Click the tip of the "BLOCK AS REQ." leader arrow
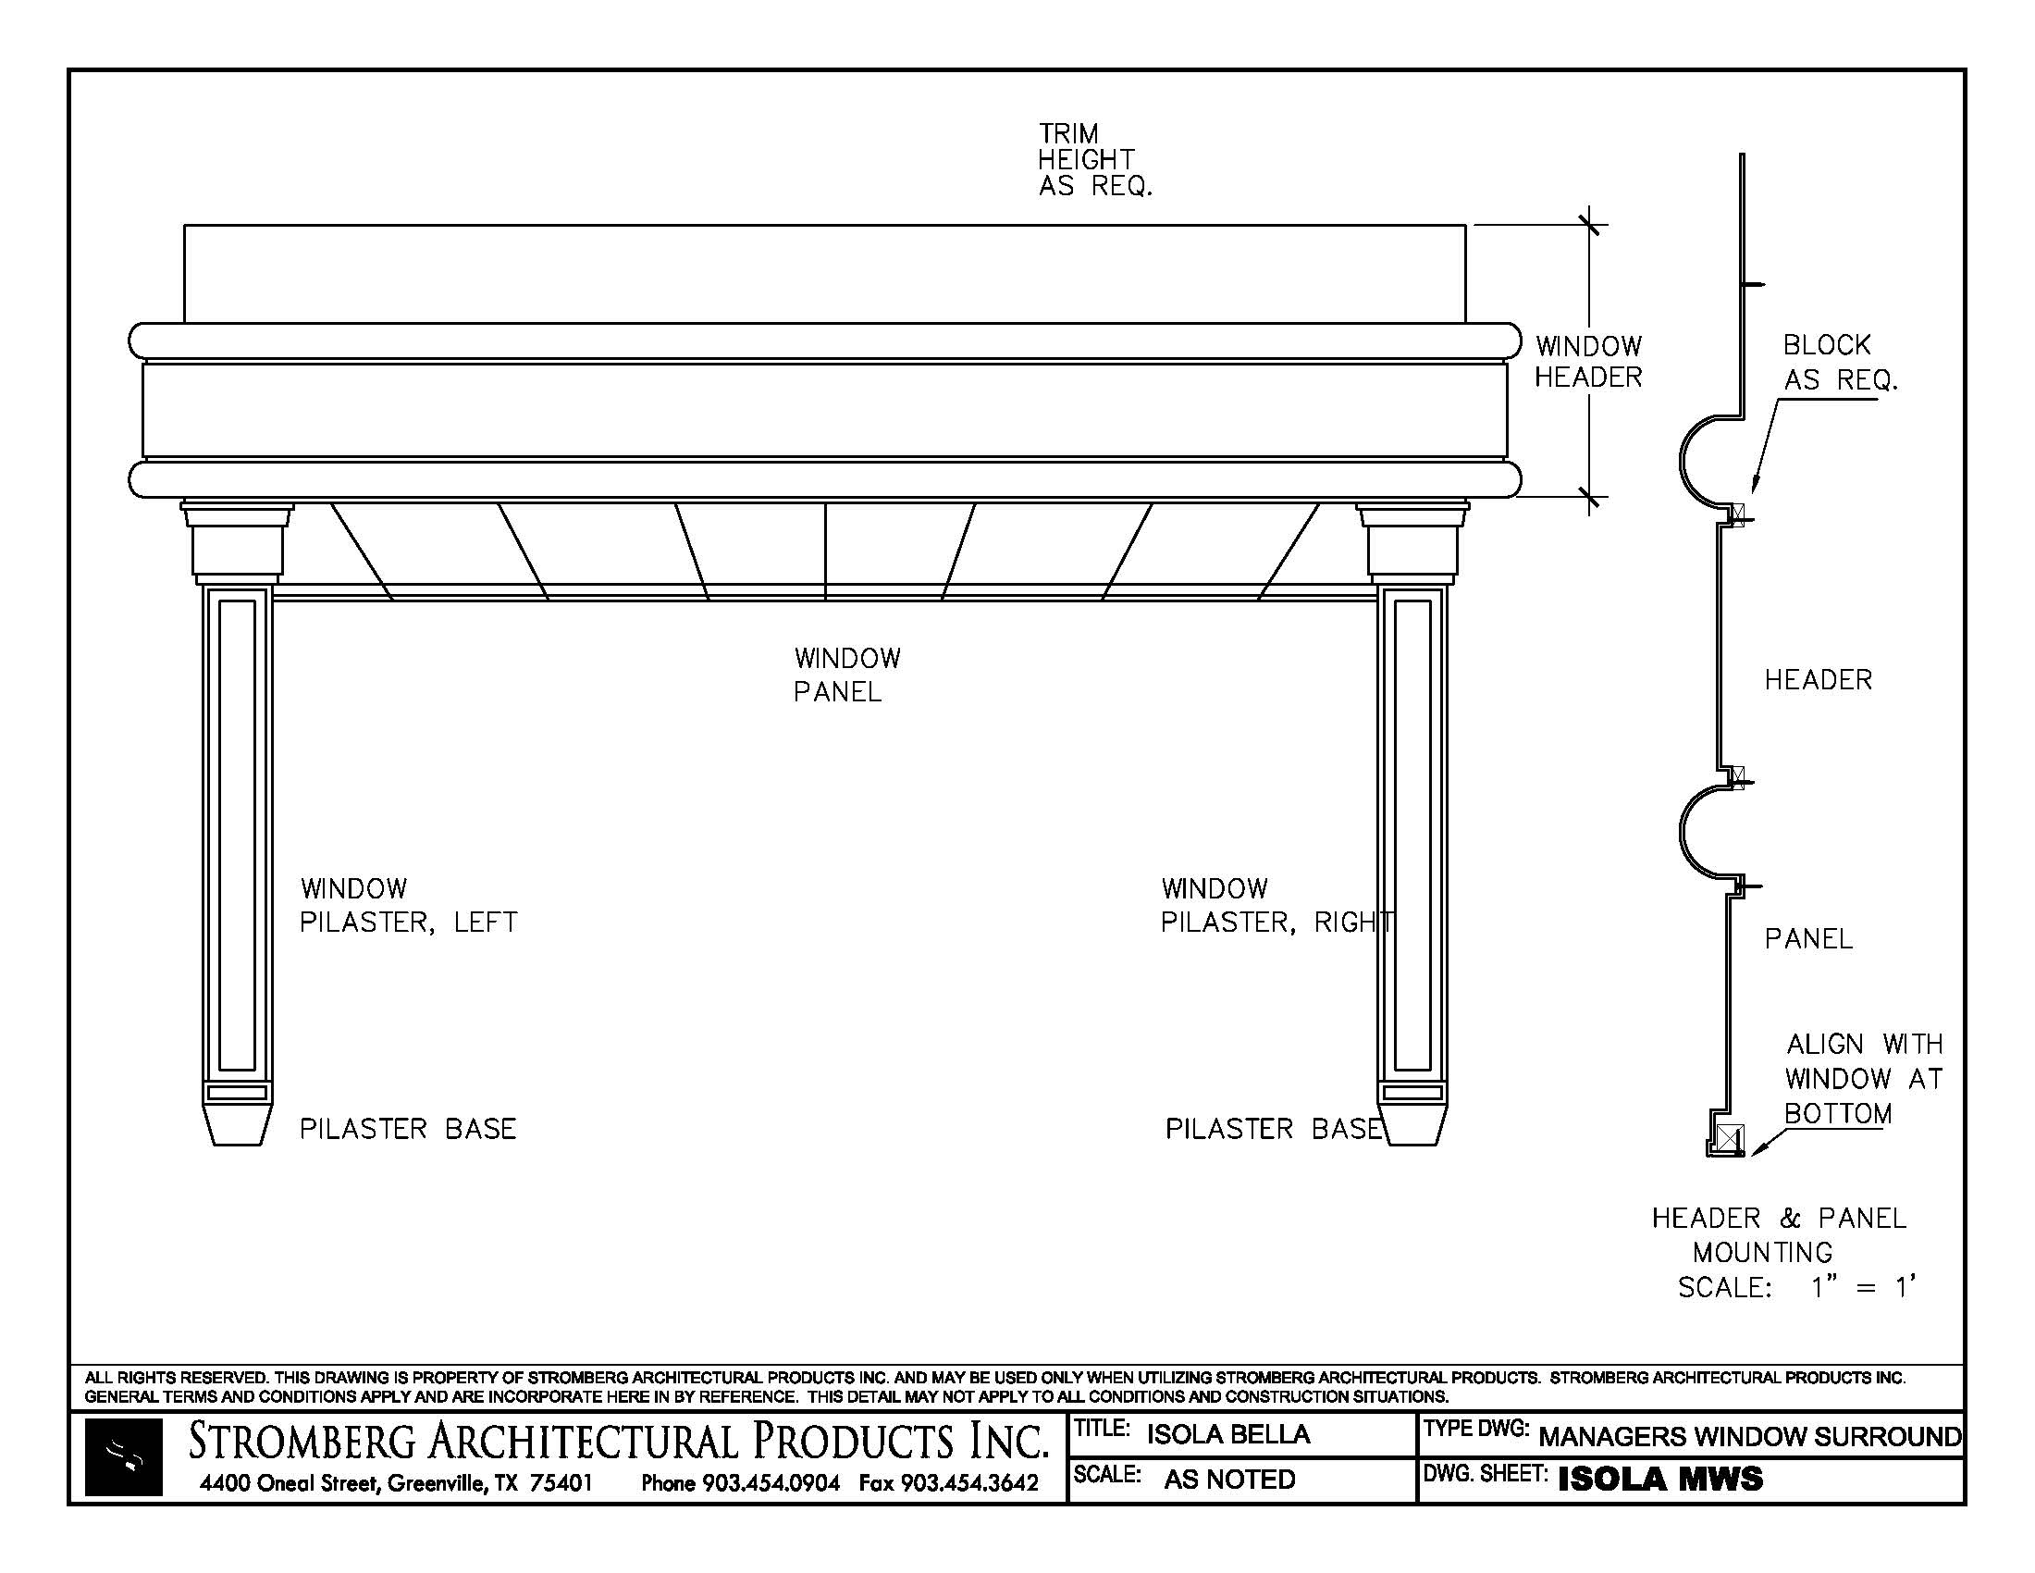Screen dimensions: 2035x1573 point(1753,491)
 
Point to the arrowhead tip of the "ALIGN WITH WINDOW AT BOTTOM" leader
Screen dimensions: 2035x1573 point(1751,1157)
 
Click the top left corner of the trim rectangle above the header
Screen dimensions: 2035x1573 point(184,226)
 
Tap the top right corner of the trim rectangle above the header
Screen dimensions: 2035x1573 point(1466,226)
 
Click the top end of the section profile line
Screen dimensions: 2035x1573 point(1742,155)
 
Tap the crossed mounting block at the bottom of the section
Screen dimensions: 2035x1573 point(1731,1139)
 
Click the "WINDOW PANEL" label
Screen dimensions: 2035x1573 point(847,675)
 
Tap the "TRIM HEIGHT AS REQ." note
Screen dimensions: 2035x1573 point(1096,159)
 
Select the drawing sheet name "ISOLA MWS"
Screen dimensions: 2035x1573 point(1660,1479)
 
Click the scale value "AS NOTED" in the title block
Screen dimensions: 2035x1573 point(1229,1479)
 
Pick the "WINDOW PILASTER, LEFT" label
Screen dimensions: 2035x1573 point(408,905)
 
